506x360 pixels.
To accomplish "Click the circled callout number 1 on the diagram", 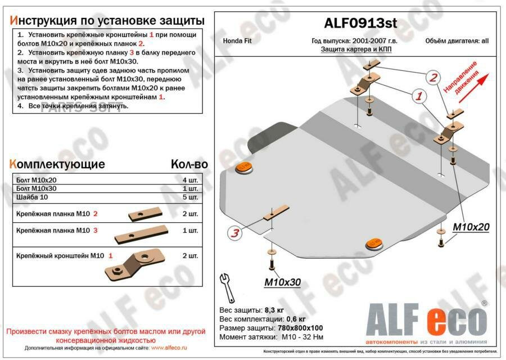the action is pyautogui.click(x=418, y=96).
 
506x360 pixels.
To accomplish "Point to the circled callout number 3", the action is pyautogui.click(x=235, y=233).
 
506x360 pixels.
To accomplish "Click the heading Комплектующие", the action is pyautogui.click(x=57, y=164).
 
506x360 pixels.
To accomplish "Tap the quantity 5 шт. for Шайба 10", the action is pyautogui.click(x=190, y=197).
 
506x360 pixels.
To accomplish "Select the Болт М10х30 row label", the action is pyautogui.click(x=33, y=188).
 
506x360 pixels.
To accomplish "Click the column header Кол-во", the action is pyautogui.click(x=189, y=164).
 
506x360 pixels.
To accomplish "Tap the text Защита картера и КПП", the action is pyautogui.click(x=356, y=49).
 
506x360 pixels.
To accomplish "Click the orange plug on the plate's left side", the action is pyautogui.click(x=243, y=167).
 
